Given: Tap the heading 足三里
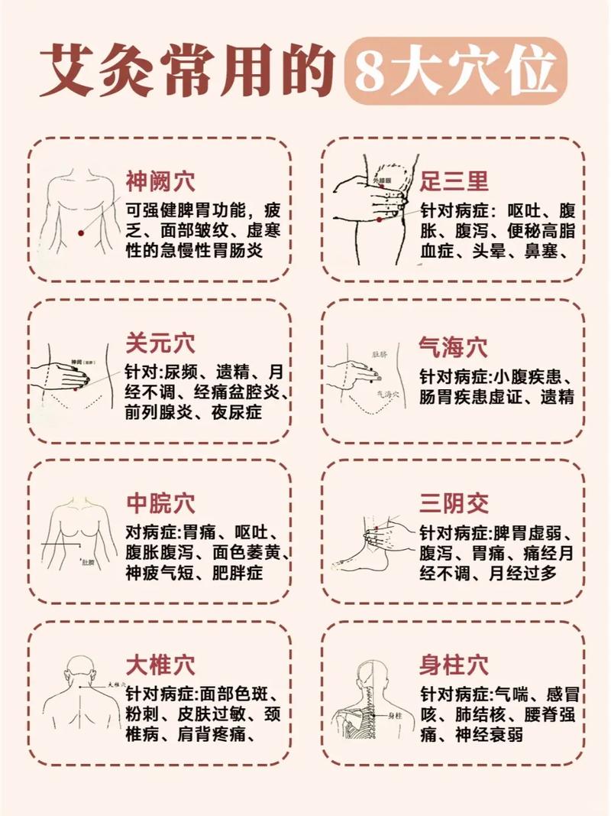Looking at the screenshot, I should [x=454, y=181].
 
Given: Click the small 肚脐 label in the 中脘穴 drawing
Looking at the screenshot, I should [x=88, y=562].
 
